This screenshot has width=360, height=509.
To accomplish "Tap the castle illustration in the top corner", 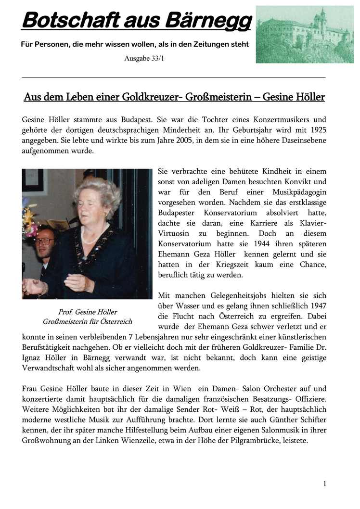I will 304,34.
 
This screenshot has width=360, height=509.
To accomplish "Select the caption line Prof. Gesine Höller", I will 87,312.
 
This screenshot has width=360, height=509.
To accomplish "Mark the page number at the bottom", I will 325,484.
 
